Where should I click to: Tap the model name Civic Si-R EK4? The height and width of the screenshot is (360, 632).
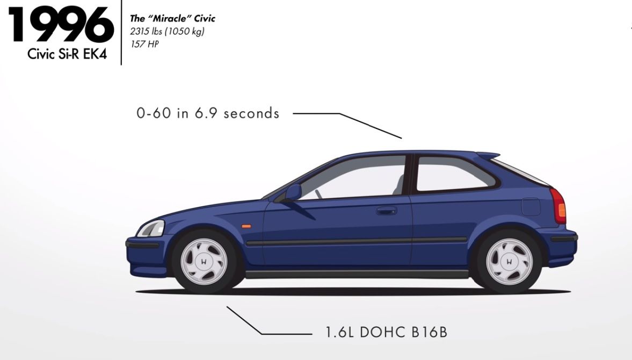pyautogui.click(x=67, y=54)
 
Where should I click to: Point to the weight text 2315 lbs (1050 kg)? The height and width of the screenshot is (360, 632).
pyautogui.click(x=167, y=32)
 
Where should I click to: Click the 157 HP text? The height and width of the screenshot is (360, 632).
pyautogui.click(x=144, y=44)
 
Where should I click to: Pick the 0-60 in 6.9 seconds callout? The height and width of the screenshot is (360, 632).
pyautogui.click(x=208, y=113)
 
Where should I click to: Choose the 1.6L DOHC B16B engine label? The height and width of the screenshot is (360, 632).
pyautogui.click(x=386, y=333)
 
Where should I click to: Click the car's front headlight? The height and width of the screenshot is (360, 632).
pyautogui.click(x=151, y=228)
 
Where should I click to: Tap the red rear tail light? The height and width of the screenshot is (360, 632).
pyautogui.click(x=558, y=206)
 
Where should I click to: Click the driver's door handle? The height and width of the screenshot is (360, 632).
pyautogui.click(x=387, y=211)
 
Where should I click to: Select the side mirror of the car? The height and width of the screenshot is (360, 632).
pyautogui.click(x=292, y=192)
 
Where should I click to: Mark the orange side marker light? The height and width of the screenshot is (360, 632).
pyautogui.click(x=246, y=226)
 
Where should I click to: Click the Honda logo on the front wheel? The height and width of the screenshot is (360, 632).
pyautogui.click(x=204, y=261)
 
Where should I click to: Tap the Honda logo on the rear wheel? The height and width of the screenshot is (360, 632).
pyautogui.click(x=509, y=261)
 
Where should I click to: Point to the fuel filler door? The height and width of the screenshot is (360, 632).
pyautogui.click(x=531, y=207)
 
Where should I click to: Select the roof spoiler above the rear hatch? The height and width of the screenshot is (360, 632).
pyautogui.click(x=488, y=155)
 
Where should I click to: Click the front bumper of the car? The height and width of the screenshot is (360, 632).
pyautogui.click(x=147, y=254)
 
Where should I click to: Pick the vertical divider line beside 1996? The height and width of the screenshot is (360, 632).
pyautogui.click(x=121, y=32)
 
